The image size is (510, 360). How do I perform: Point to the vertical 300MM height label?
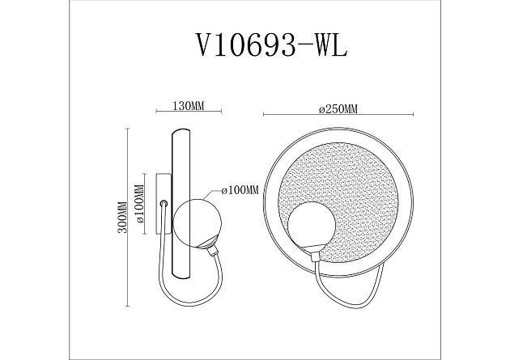[122, 217]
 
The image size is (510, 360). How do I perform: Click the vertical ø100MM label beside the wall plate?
[139, 209]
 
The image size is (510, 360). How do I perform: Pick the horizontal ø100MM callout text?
[240, 191]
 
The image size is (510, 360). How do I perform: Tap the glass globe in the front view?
[312, 228]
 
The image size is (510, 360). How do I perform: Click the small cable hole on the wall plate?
[164, 204]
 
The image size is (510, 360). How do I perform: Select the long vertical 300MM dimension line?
[130, 217]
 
